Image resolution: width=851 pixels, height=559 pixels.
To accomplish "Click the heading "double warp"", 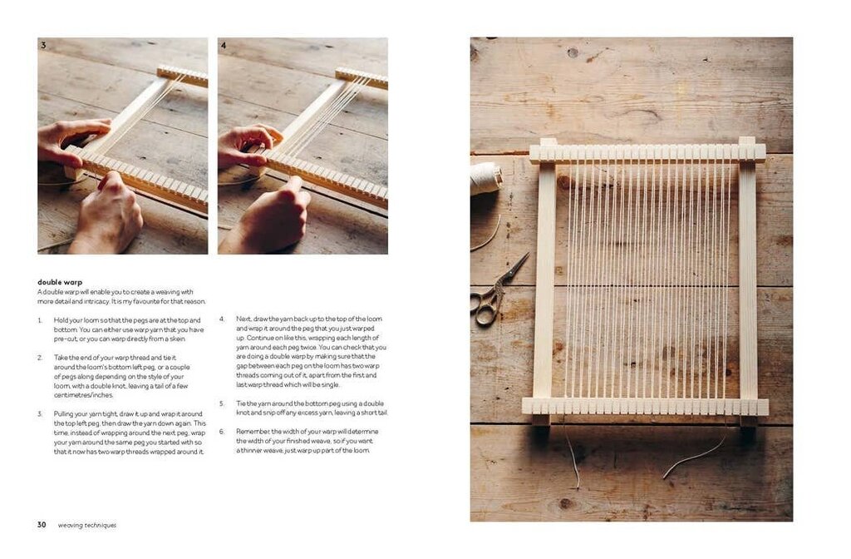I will pos(60,282).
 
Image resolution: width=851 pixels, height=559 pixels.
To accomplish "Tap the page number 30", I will pos(42,525).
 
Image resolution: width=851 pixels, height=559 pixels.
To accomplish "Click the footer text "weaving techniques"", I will pos(87,525).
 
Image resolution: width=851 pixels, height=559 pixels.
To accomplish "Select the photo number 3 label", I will pos(43,45).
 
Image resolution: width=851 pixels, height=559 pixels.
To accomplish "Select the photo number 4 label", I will pos(224,45).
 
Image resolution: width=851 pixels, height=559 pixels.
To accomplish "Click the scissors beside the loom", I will pos(496,291).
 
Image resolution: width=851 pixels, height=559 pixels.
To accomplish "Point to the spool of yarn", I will pos(485,179).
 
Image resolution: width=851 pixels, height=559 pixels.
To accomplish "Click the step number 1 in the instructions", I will pos(39,320).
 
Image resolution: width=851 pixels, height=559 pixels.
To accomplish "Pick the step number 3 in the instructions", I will pos(40,413).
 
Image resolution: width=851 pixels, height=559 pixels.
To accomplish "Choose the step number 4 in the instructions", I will pos(222,319).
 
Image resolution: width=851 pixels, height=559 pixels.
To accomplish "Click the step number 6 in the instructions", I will pos(222,431).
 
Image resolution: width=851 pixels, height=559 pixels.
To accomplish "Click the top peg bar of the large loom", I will pos(647,153).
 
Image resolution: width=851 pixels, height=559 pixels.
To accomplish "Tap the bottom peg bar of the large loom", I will pos(645,407).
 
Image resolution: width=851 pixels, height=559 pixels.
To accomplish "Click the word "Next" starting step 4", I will pos(243,319).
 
